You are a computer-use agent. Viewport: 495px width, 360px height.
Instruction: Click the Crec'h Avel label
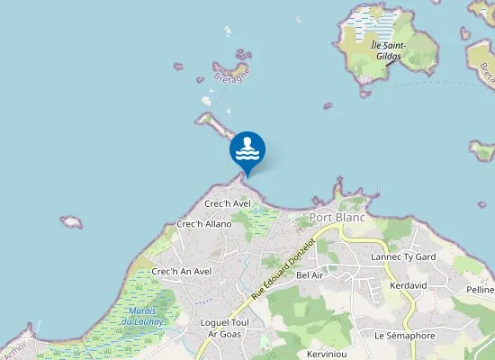coord(228,203)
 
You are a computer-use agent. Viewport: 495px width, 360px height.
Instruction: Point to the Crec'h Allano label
coord(204,223)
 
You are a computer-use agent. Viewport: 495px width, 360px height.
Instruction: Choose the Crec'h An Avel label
coord(182,271)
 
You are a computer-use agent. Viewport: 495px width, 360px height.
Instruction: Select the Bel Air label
coord(310,274)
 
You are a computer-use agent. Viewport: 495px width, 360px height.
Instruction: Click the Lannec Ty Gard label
coord(403,256)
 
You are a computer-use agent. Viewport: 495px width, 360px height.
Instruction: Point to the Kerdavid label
coord(409,284)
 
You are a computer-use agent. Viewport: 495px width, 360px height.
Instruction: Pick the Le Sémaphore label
coord(405,336)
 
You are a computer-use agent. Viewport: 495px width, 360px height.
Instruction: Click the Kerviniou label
coord(328,354)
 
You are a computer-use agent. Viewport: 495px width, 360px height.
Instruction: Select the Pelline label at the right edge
coord(480,290)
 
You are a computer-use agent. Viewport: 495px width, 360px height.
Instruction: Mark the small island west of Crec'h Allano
coord(71,221)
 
